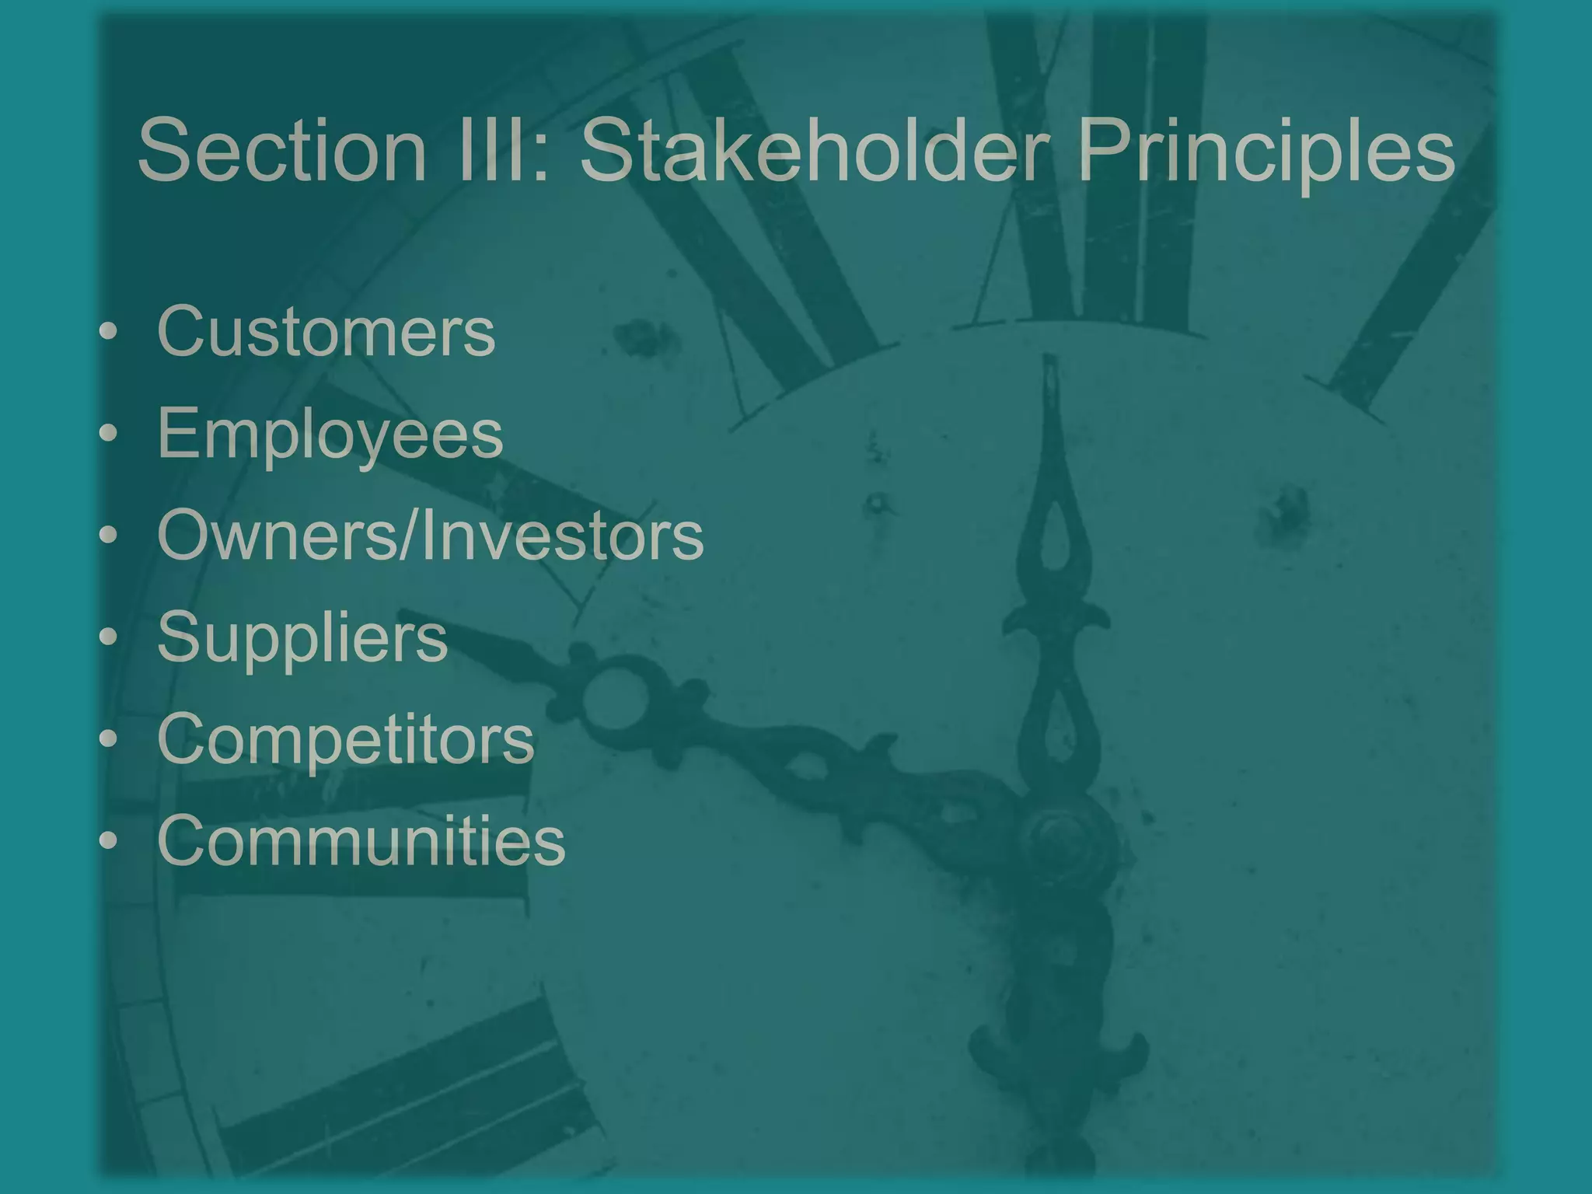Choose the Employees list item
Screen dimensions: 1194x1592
coord(330,435)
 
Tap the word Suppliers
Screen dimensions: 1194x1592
coord(302,638)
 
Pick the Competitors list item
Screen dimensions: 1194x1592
coord(346,738)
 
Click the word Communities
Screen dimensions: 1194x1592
coord(361,840)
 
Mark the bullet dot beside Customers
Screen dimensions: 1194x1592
coord(109,332)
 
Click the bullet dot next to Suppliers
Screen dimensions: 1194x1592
coord(109,637)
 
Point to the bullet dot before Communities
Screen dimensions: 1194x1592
coord(109,841)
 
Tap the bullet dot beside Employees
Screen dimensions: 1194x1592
coord(109,434)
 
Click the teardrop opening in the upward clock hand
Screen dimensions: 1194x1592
coord(1055,536)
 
